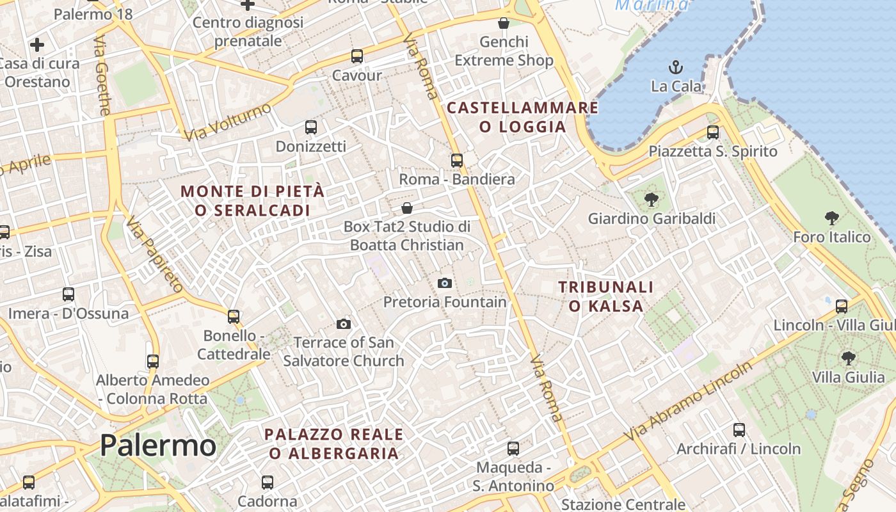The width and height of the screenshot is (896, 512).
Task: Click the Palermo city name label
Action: [x=158, y=445]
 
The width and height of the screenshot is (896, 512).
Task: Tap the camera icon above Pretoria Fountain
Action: [x=445, y=283]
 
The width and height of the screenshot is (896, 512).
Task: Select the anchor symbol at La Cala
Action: [x=675, y=67]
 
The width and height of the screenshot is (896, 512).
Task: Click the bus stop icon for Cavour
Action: [x=357, y=56]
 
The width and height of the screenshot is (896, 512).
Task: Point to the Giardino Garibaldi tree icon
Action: [x=652, y=199]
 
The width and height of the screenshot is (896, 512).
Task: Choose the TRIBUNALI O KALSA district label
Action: [x=605, y=296]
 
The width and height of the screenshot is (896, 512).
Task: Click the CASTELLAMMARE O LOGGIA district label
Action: [x=522, y=117]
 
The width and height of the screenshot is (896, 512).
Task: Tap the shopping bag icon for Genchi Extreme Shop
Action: [x=504, y=23]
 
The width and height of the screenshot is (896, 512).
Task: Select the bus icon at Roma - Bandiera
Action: [x=457, y=160]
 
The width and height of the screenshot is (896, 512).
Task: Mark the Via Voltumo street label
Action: [x=228, y=122]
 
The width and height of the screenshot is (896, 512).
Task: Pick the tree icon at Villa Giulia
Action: [x=849, y=358]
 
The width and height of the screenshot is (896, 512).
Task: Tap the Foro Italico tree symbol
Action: [x=832, y=218]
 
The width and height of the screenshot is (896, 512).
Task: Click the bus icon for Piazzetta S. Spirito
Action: [x=713, y=132]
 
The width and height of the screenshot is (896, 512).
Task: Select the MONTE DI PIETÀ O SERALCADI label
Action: [x=252, y=200]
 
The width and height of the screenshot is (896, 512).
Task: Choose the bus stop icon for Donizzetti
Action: [x=311, y=127]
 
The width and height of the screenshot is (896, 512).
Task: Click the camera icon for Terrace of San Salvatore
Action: [x=344, y=324]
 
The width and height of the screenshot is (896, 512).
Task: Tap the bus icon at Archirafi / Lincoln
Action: [x=739, y=429]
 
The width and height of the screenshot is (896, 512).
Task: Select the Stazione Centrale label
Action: [x=623, y=504]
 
